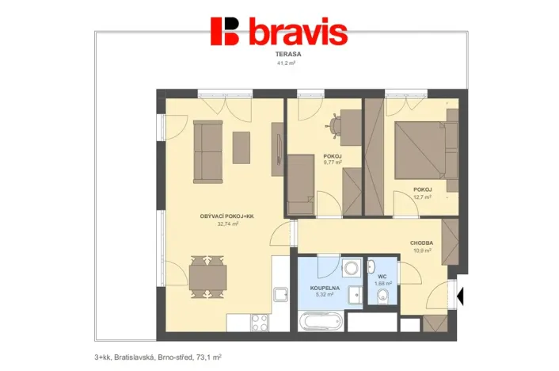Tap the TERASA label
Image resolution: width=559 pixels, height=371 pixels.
point(286,54)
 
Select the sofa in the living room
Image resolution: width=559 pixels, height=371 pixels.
point(208,151)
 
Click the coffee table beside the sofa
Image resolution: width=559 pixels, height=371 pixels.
point(241,147)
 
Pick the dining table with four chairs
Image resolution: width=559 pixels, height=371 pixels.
point(207,277)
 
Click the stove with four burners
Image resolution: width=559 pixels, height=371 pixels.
point(260,323)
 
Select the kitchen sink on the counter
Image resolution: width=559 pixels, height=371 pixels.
point(281,295)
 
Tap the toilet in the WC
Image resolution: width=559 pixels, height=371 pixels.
point(383,296)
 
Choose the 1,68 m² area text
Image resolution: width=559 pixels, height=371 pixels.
point(382,283)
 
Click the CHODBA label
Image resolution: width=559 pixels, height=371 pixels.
point(420,243)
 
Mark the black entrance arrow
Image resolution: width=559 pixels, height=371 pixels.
point(462,296)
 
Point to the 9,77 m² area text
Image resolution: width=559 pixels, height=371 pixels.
point(333,163)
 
